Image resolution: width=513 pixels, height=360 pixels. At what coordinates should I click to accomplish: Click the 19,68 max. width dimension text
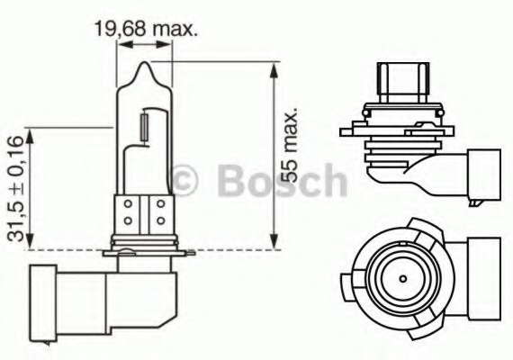point(146,29)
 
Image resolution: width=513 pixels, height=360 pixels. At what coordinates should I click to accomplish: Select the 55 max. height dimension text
point(290,145)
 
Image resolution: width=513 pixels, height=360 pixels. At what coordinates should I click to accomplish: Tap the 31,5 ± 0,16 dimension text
point(15,188)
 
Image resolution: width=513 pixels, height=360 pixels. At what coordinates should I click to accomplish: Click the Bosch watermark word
point(282,181)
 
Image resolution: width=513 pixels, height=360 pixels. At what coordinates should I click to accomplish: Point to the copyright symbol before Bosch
point(185,181)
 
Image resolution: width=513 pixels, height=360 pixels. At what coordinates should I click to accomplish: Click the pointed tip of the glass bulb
point(145,62)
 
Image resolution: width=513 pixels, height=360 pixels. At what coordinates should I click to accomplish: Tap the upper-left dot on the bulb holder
point(128,204)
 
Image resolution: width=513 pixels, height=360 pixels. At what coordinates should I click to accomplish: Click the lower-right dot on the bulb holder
point(160,220)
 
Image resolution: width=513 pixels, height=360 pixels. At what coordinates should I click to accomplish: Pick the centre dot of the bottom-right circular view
point(403,279)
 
